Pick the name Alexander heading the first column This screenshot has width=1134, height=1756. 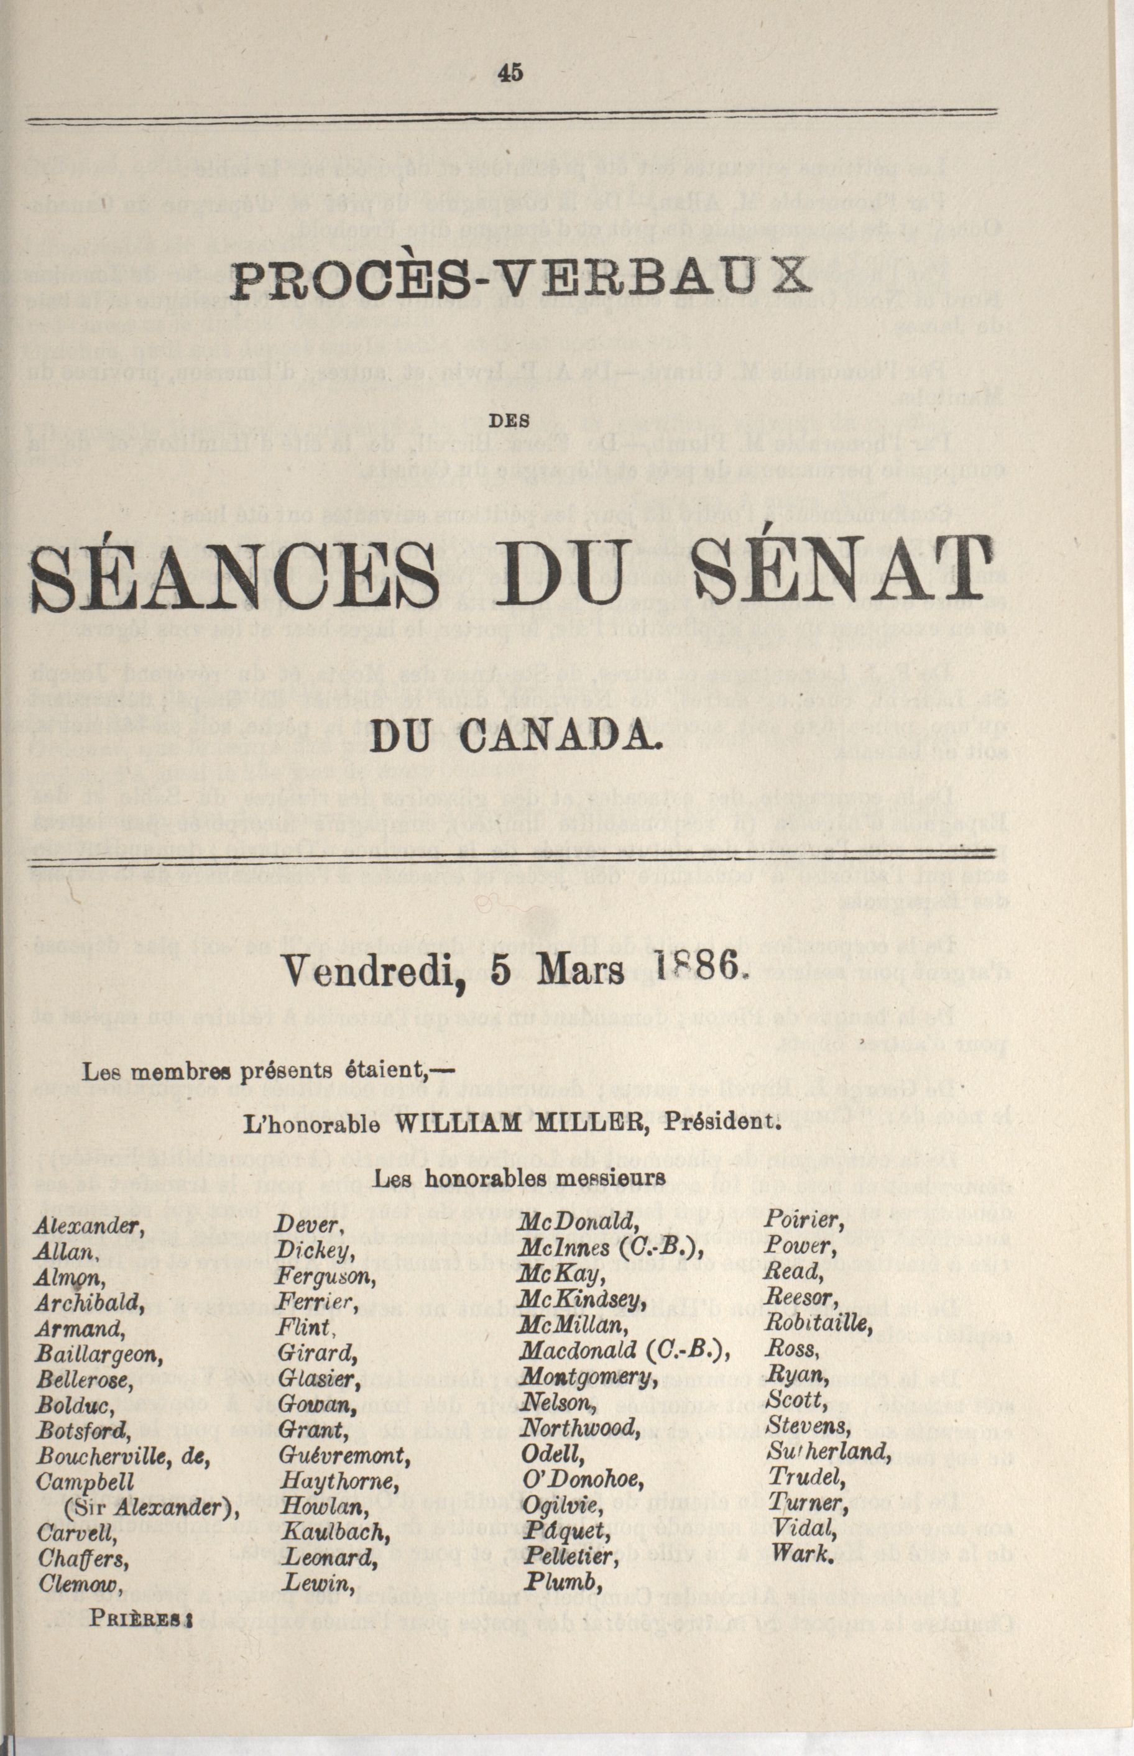pyautogui.click(x=88, y=1226)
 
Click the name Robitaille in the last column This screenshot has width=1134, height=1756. pyautogui.click(x=819, y=1323)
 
